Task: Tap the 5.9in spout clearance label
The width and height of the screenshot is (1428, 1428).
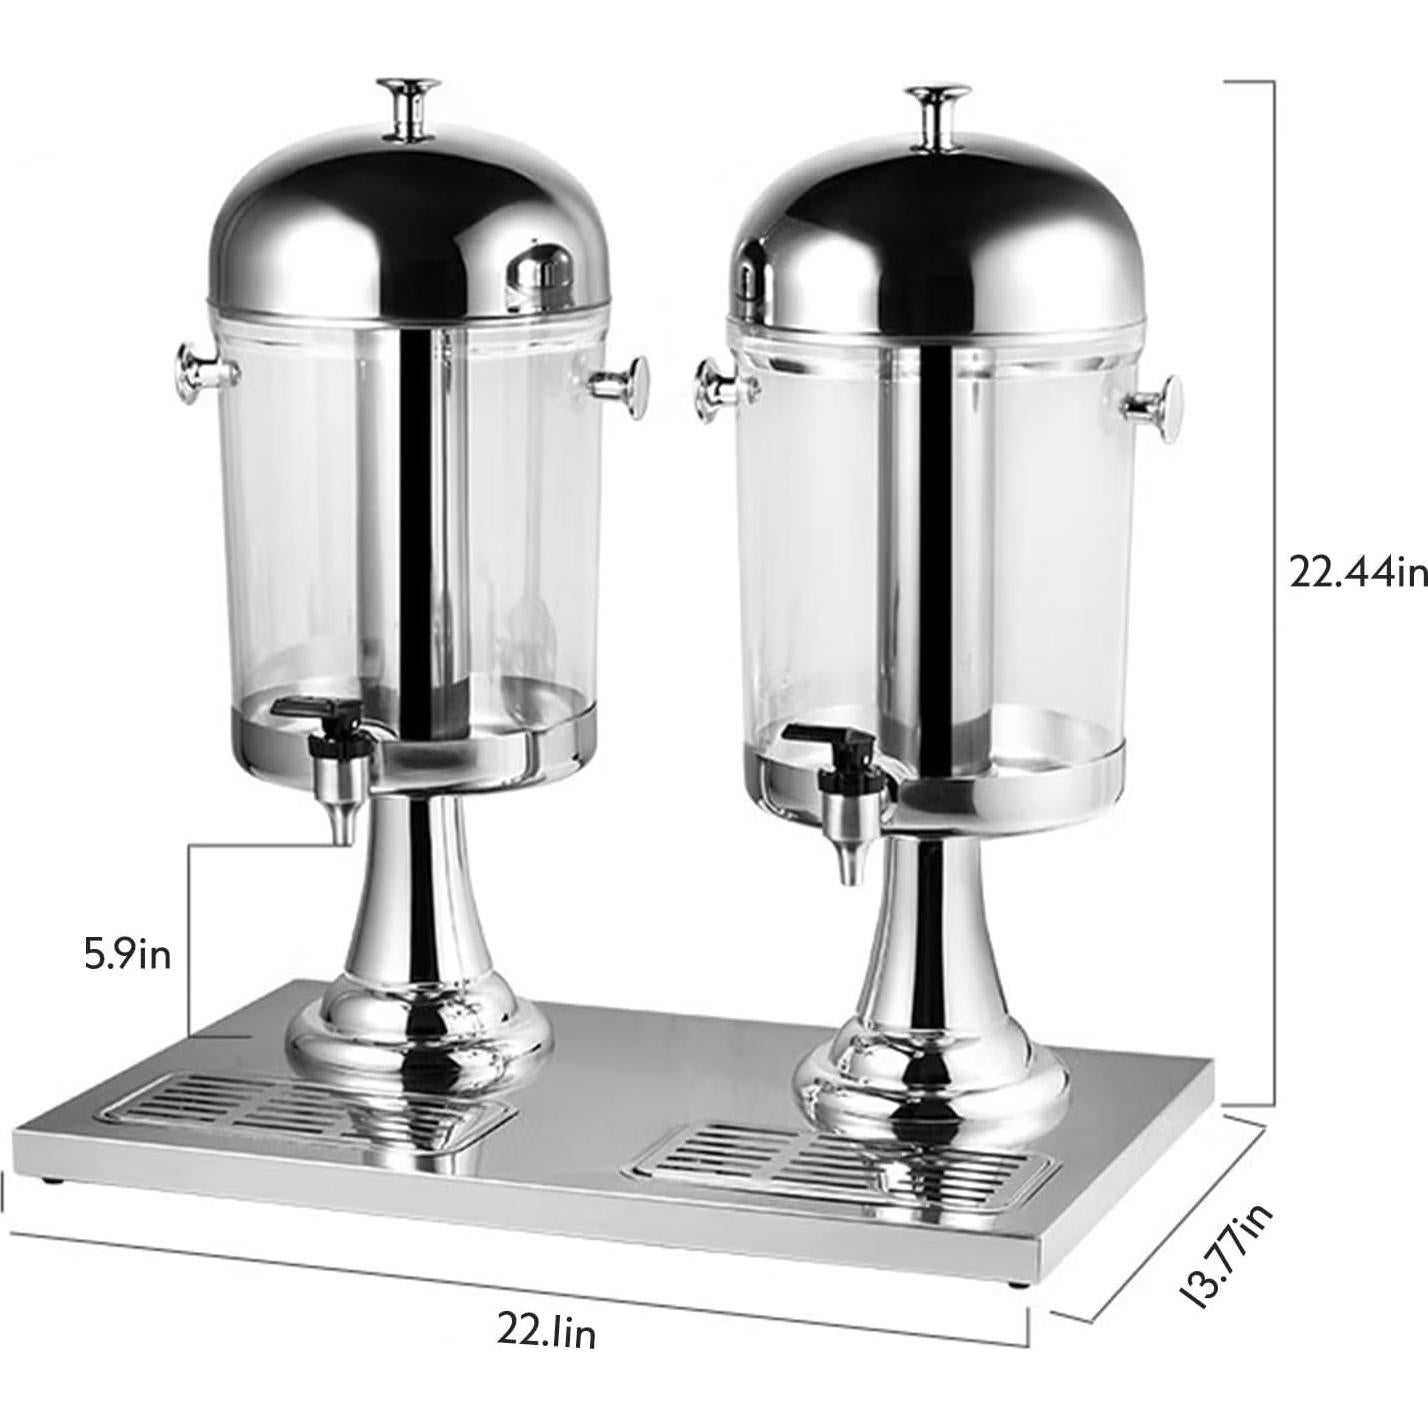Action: point(127,954)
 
